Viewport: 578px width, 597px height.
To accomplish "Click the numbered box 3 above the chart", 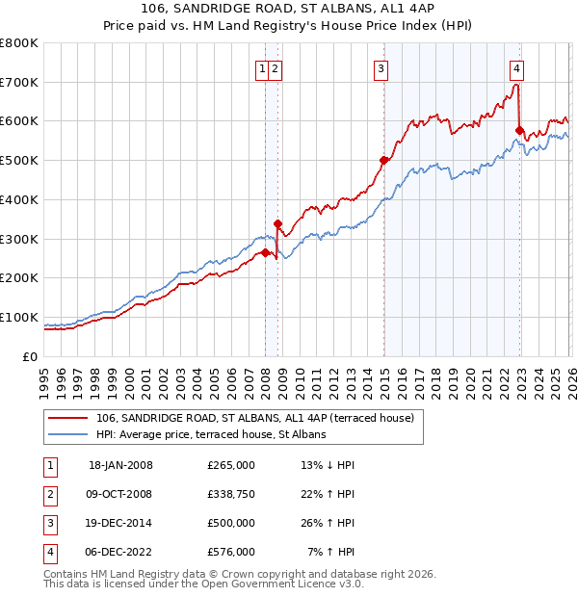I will pyautogui.click(x=381, y=68).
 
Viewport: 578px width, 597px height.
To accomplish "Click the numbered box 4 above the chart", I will pyautogui.click(x=517, y=68).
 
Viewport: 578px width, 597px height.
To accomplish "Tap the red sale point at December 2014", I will pyautogui.click(x=383, y=161).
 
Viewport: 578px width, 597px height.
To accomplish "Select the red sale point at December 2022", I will pyautogui.click(x=519, y=131).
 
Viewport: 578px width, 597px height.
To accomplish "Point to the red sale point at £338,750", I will pyautogui.click(x=277, y=223).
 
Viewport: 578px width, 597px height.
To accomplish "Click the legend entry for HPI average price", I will pyautogui.click(x=211, y=434).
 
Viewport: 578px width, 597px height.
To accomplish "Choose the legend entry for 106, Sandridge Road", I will pyautogui.click(x=254, y=418).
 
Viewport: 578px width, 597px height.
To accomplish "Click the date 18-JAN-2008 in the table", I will pyautogui.click(x=120, y=465).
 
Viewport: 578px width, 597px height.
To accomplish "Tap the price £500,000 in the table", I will pyautogui.click(x=231, y=523).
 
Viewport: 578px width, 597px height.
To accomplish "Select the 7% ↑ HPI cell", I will pyautogui.click(x=330, y=552).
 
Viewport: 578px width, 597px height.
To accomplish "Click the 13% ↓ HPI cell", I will pyautogui.click(x=328, y=465).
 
